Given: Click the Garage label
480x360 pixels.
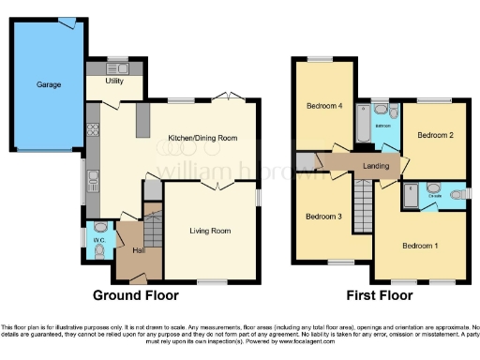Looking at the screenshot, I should click(x=49, y=84).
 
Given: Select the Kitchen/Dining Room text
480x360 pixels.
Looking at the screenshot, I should click(x=202, y=138).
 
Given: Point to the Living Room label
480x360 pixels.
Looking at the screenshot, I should click(x=210, y=231).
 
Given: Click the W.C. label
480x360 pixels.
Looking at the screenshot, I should click(x=99, y=227).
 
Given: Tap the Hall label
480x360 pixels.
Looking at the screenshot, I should click(x=138, y=250).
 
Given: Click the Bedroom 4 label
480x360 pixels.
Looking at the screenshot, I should click(x=323, y=106).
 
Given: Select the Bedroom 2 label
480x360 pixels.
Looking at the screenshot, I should click(x=435, y=135).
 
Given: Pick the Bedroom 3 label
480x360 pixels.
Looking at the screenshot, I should click(x=324, y=217).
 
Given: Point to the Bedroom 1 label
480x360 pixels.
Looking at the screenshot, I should click(x=419, y=246).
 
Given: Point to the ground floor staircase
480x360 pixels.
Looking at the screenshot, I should click(x=152, y=228).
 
